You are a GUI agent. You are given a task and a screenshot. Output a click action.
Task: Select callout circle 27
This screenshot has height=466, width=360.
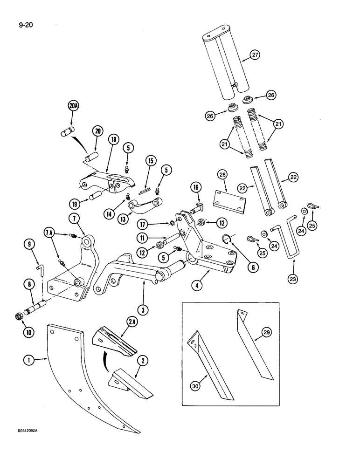[x=255, y=55]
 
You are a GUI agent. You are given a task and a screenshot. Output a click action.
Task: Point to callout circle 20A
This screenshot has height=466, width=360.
[x=73, y=106]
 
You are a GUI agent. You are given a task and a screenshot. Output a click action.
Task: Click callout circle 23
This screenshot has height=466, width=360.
[x=294, y=279]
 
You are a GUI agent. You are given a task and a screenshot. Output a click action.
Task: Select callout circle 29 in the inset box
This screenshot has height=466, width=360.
[x=266, y=331]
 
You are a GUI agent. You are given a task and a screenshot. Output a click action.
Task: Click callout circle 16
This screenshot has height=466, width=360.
[x=195, y=188]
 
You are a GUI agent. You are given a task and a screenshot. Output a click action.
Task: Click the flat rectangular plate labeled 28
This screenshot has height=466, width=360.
[x=228, y=198]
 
